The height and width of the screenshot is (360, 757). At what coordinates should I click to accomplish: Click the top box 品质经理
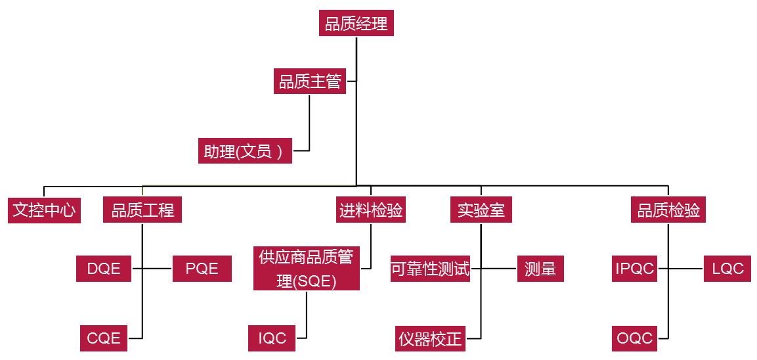pos(356,24)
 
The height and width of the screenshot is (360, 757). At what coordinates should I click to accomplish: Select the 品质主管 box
pos(310,81)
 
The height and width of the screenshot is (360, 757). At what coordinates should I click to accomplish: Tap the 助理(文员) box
pos(245,151)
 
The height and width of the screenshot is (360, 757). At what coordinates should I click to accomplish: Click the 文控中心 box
pos(45,210)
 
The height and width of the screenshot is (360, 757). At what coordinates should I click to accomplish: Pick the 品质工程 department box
pos(142,210)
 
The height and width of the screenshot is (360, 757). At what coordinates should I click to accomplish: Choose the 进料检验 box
pos(371,210)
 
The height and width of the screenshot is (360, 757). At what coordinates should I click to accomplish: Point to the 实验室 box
pos(481,210)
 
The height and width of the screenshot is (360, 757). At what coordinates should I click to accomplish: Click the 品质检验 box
pos(668,210)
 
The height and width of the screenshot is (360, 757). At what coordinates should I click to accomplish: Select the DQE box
pos(104,269)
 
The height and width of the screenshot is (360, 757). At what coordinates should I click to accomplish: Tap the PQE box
pos(202,269)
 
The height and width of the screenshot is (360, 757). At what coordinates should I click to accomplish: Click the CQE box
pos(104,338)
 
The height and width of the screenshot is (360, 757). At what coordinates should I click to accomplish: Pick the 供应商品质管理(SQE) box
pos(306,269)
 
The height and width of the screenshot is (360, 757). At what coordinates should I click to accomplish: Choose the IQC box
pos(272,338)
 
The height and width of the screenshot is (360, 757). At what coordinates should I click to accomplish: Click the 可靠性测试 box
pos(430,269)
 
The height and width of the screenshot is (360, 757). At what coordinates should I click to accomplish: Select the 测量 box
pos(540,269)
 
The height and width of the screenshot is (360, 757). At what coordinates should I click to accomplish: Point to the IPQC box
pos(634,269)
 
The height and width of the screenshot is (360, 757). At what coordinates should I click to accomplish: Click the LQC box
pos(727,269)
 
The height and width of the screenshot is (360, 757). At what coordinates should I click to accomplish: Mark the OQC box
pos(634,338)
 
